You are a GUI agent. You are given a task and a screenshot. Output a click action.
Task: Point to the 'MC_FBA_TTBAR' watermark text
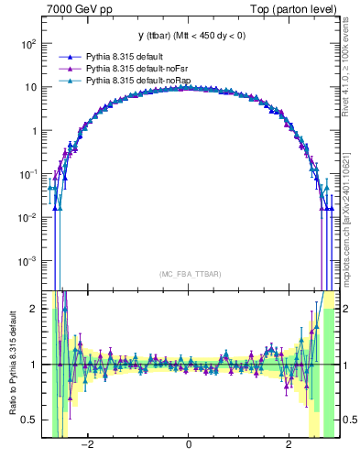point(189,274)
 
